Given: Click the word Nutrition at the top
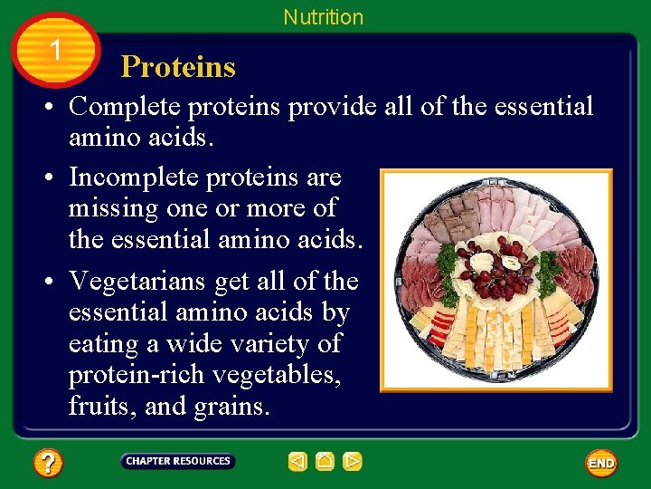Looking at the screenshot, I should point(323,17).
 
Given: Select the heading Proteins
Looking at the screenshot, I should point(178,67).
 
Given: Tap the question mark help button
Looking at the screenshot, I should point(48,464).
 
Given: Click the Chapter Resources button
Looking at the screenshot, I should point(178,462).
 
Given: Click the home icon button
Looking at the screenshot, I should point(325,462).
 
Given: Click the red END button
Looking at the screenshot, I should point(601,464).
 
